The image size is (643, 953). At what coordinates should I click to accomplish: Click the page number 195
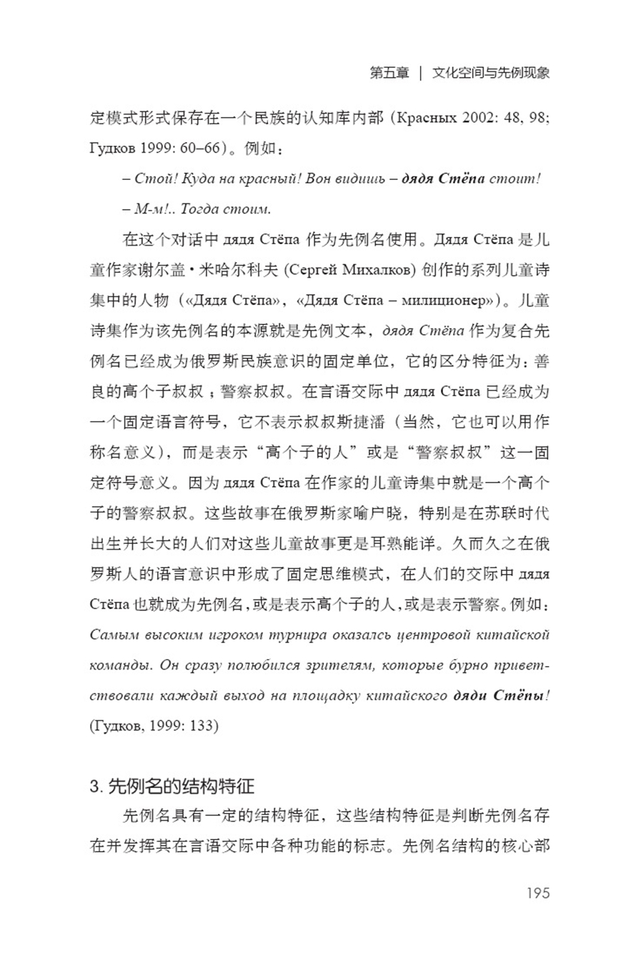click(x=537, y=893)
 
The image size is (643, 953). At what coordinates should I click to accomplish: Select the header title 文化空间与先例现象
click(x=491, y=73)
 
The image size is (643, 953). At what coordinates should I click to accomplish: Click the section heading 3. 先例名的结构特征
click(x=172, y=787)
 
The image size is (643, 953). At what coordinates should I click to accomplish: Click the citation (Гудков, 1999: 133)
click(x=154, y=726)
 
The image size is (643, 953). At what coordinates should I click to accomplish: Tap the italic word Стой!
click(x=151, y=178)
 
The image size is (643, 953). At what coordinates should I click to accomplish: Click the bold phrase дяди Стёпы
click(x=498, y=695)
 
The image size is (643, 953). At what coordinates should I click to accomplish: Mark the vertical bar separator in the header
click(x=421, y=73)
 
